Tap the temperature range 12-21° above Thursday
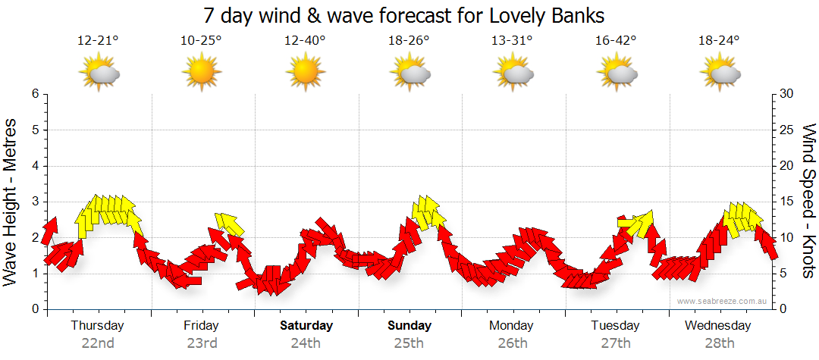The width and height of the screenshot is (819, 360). [98, 41]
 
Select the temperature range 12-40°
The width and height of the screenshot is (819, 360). [305, 41]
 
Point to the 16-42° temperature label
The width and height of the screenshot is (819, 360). [615, 41]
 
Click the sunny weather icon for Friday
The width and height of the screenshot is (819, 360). [201, 73]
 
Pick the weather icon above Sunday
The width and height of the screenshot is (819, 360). [409, 73]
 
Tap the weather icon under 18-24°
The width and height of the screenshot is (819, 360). [719, 73]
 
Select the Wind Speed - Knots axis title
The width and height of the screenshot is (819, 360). [808, 201]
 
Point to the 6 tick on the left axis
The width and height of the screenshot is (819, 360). [35, 94]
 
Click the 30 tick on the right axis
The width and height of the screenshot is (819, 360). [788, 94]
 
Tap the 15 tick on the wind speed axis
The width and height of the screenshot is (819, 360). [788, 202]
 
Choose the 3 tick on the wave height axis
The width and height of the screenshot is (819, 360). [35, 202]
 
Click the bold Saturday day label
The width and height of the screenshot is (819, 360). [306, 326]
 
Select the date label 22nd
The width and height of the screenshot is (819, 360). [98, 343]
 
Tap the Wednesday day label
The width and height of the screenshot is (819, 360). [717, 326]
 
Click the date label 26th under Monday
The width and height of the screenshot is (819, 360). [513, 343]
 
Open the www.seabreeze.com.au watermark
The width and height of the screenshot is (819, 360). [723, 301]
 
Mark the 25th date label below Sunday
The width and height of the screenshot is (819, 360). [409, 343]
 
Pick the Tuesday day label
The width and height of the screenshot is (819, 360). [615, 326]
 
